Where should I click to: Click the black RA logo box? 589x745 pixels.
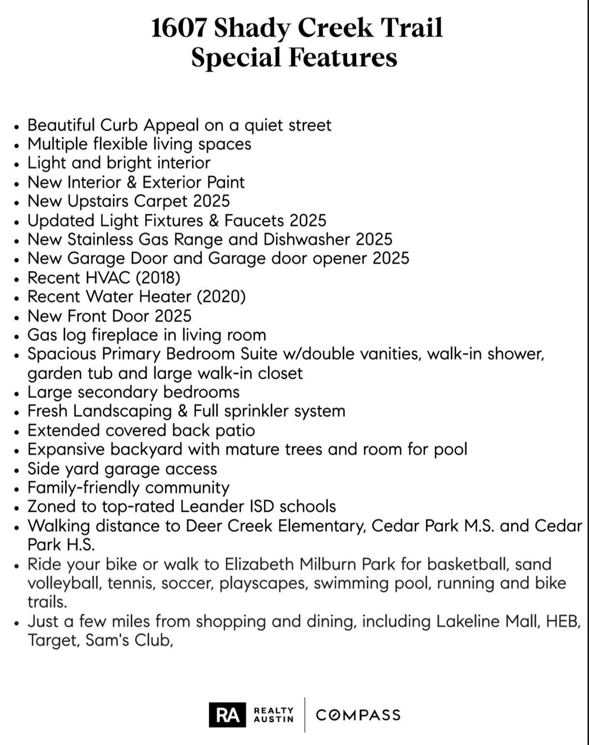[227, 715]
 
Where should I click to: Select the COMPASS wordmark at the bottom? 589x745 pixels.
[358, 715]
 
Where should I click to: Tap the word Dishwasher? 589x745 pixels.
[307, 240]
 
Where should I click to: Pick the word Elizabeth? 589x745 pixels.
[259, 565]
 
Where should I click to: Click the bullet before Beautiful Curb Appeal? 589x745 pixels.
[17, 127]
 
